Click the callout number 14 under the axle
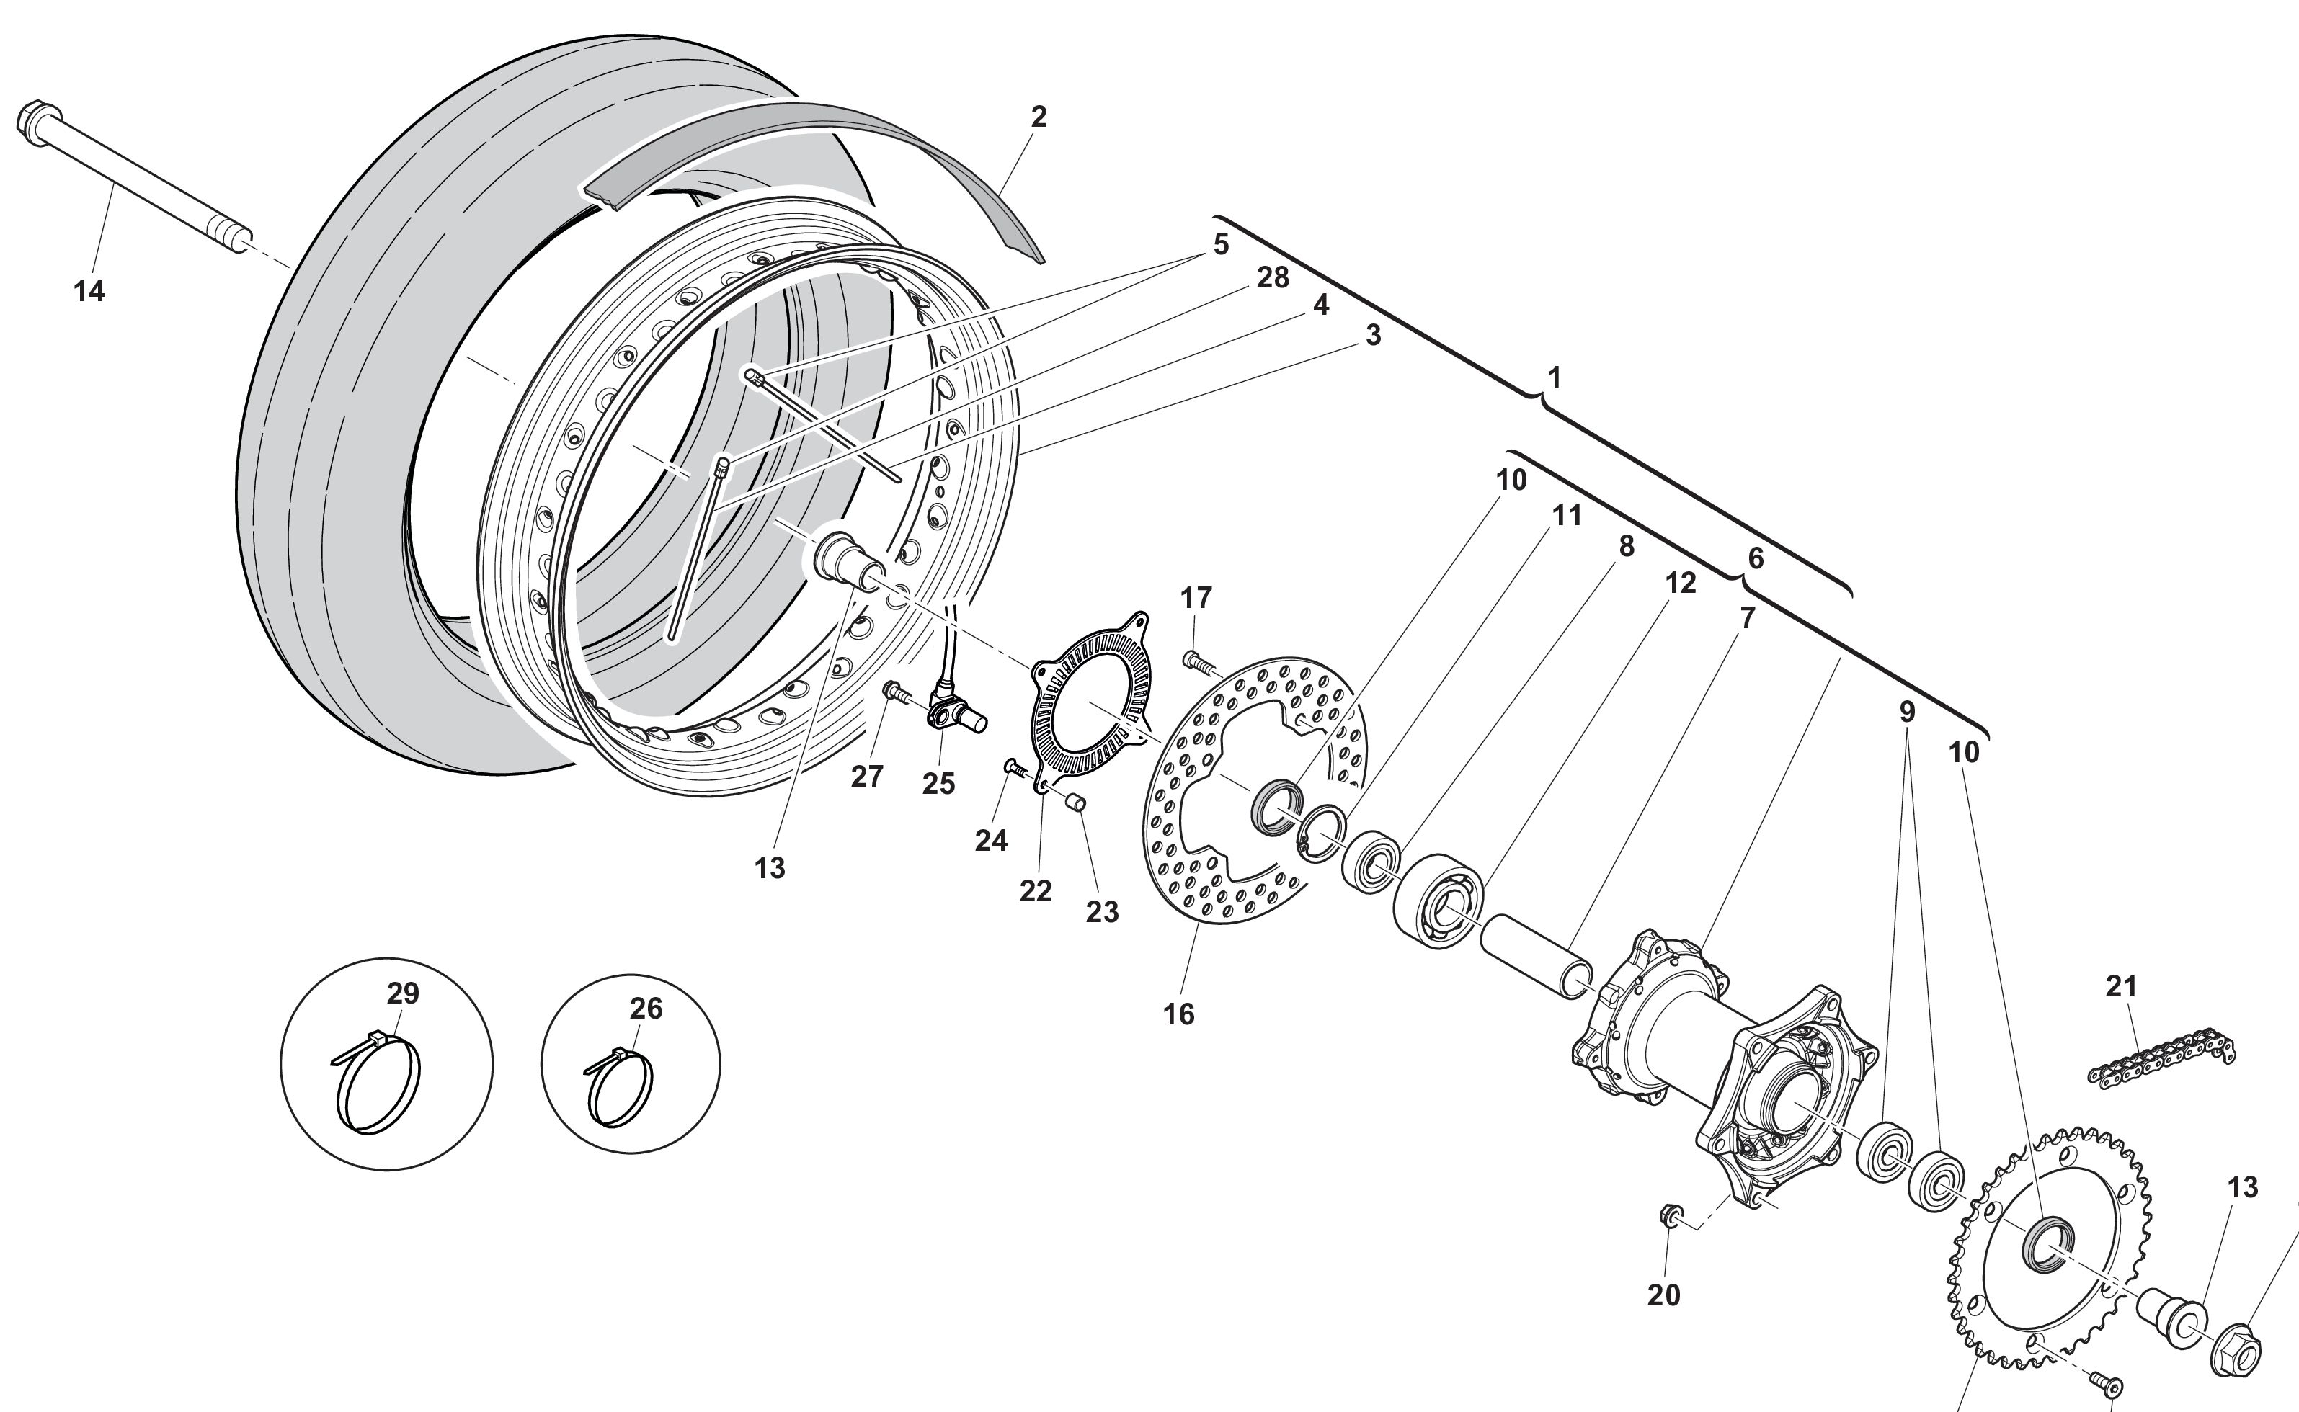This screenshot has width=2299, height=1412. pyautogui.click(x=89, y=291)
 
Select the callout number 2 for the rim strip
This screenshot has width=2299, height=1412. pyautogui.click(x=1039, y=117)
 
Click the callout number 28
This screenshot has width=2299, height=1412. pyautogui.click(x=1272, y=277)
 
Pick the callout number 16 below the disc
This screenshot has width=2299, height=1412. pyautogui.click(x=1178, y=1014)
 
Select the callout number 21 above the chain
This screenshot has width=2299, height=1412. pyautogui.click(x=2122, y=986)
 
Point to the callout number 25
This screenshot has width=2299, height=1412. pyautogui.click(x=939, y=785)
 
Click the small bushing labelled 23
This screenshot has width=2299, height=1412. pyautogui.click(x=1076, y=801)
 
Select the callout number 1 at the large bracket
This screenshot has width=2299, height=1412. pyautogui.click(x=1554, y=377)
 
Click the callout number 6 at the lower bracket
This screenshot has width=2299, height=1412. pyautogui.click(x=1756, y=558)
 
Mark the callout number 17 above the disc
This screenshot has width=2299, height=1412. pyautogui.click(x=1196, y=598)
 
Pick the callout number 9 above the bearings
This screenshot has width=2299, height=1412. pyautogui.click(x=1907, y=712)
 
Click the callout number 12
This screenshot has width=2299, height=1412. pyautogui.click(x=1680, y=583)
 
